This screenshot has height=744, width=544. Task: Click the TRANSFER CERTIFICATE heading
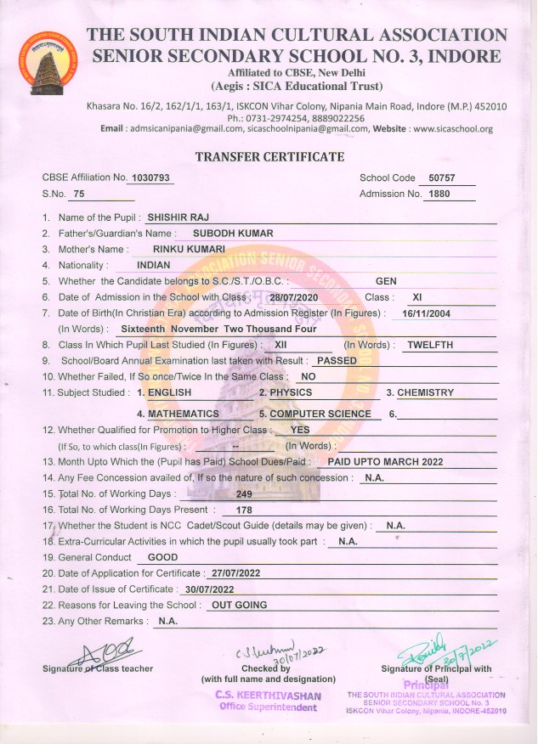(269, 157)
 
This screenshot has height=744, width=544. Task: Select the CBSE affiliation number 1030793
(151, 178)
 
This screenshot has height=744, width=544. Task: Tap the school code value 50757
(443, 178)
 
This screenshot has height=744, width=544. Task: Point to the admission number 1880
(439, 194)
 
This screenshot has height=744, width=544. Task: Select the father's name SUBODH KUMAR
(233, 233)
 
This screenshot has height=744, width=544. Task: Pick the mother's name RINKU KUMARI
(188, 249)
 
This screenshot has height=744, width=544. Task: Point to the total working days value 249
(245, 493)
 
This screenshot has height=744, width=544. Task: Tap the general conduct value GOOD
(162, 557)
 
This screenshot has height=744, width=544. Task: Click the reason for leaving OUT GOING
(239, 605)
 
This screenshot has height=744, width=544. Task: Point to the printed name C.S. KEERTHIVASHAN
(269, 696)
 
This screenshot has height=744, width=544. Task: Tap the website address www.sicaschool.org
(451, 129)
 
